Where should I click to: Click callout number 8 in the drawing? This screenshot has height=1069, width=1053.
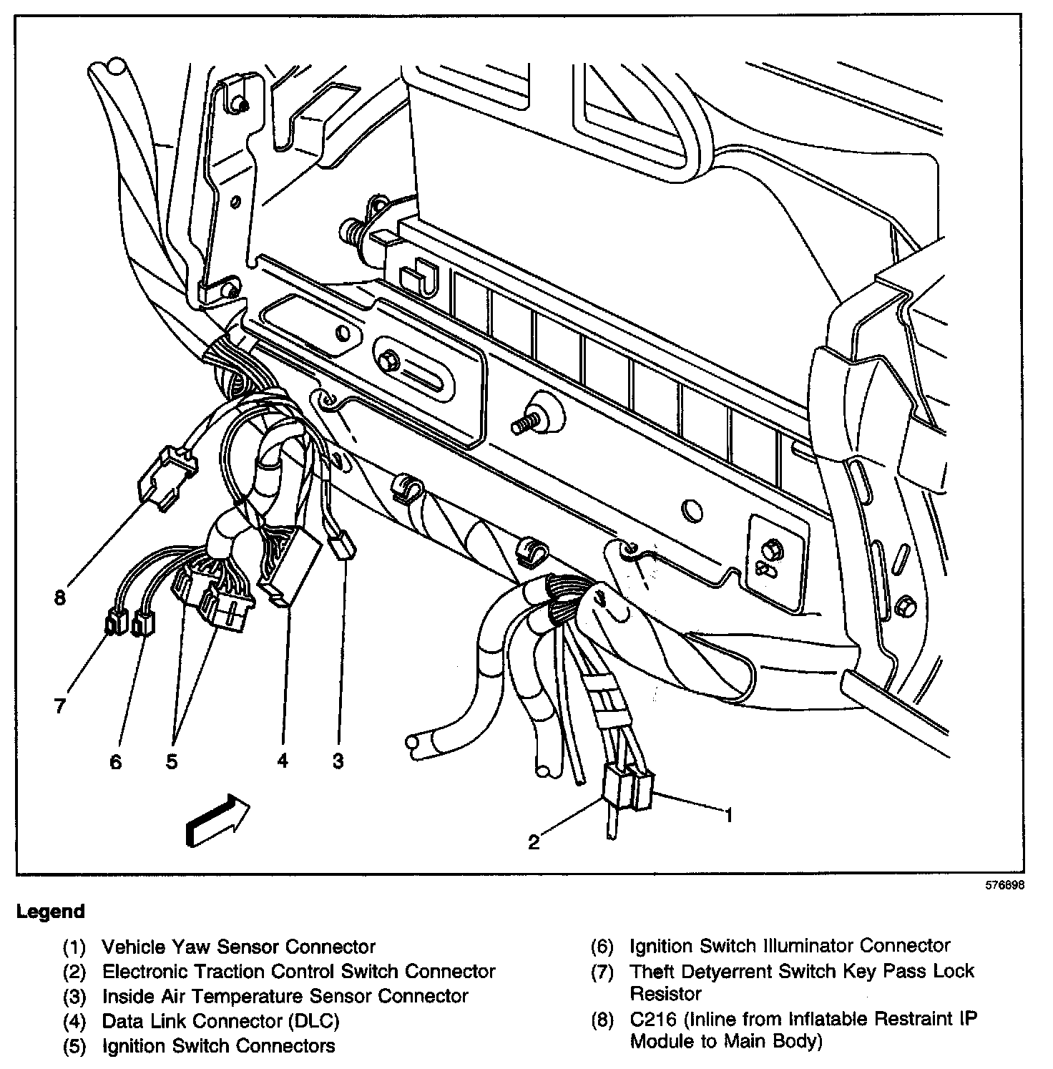60,597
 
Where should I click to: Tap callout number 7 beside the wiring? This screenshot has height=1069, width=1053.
60,706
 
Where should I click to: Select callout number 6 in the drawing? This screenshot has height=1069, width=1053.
116,762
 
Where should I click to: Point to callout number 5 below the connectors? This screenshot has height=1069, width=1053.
172,762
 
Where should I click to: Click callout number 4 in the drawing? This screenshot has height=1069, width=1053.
283,761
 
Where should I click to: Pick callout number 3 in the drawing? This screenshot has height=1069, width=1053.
338,761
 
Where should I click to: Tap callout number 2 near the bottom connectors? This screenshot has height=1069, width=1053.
534,842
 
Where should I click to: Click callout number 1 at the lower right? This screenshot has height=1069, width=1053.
729,814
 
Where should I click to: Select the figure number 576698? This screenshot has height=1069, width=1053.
1006,885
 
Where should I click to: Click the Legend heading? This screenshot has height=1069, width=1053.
51,912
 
